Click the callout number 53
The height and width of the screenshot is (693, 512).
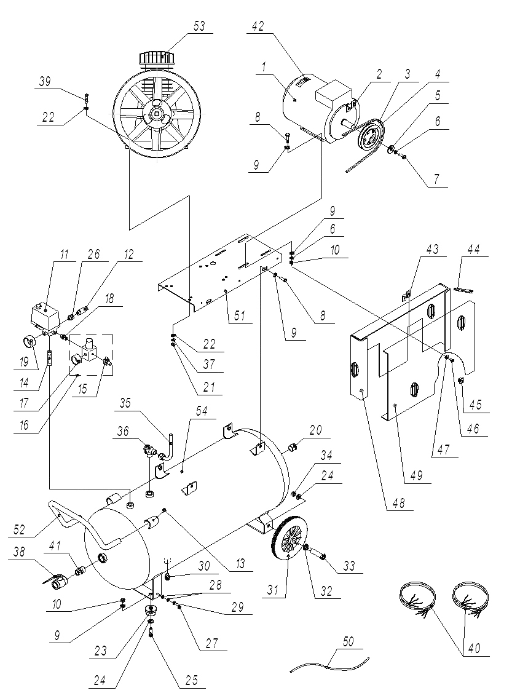coord(199,26)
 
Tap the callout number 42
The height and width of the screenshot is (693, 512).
coord(258,26)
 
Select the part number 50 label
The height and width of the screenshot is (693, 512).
coord(348,641)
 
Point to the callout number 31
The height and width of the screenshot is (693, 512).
coord(272,590)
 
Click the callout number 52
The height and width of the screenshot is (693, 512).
coord(19,529)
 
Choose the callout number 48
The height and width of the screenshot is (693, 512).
coord(398,503)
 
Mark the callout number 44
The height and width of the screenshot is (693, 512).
coord(473,250)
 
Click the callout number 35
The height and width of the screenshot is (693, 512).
coord(125,403)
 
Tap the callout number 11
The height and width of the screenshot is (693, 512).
coord(65,255)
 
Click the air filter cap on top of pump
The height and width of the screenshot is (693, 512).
coord(158,59)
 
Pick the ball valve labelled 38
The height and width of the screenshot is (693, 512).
coord(56,581)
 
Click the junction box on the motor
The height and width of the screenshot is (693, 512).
coord(331,90)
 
